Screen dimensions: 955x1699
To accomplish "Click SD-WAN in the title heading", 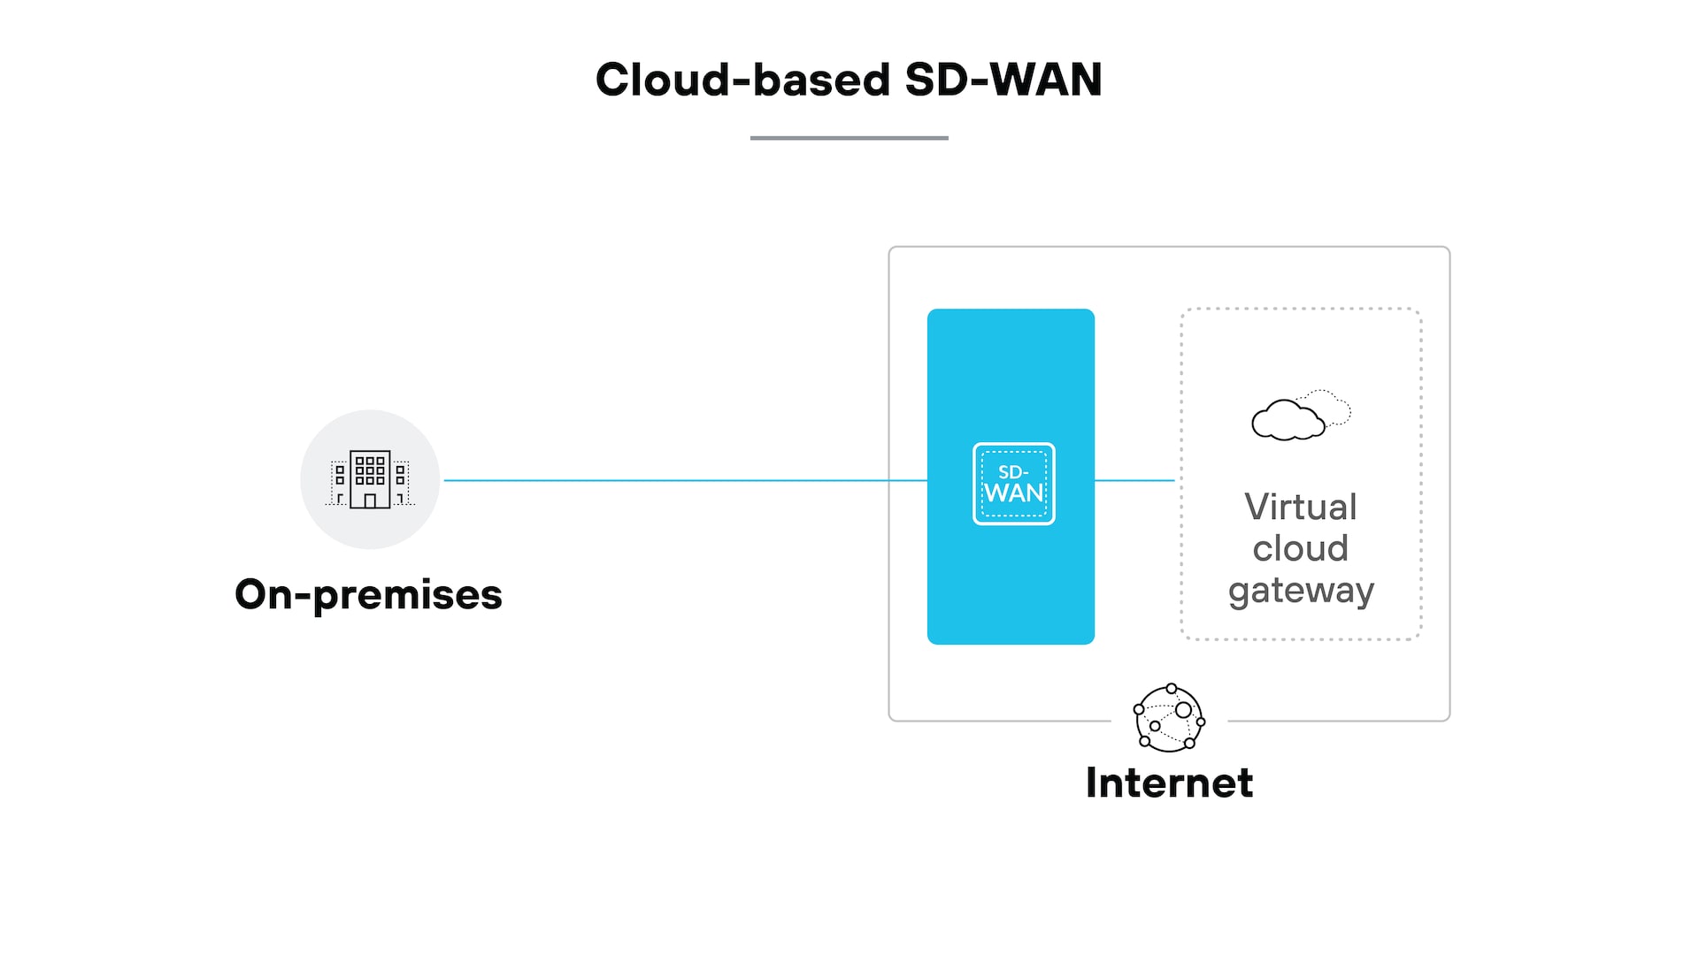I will (1003, 80).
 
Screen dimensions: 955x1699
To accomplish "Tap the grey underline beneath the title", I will (849, 138).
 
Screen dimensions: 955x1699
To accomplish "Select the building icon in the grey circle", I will (370, 479).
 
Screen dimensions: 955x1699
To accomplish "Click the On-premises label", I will (368, 594).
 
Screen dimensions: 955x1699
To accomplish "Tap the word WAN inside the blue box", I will (1014, 493).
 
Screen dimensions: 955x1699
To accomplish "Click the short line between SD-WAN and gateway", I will (1134, 480).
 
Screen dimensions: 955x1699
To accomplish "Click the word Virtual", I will (1300, 508).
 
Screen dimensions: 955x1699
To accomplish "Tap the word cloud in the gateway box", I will (1300, 549).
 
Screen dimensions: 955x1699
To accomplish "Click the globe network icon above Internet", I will (1169, 718).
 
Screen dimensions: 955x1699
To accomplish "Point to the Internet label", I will (1169, 783).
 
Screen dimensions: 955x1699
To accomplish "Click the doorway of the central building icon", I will (370, 501).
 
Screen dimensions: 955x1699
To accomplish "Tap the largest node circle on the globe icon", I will (1183, 710).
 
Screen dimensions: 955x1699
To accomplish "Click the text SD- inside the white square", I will (1013, 472).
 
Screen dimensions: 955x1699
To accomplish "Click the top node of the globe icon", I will (1172, 689).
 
